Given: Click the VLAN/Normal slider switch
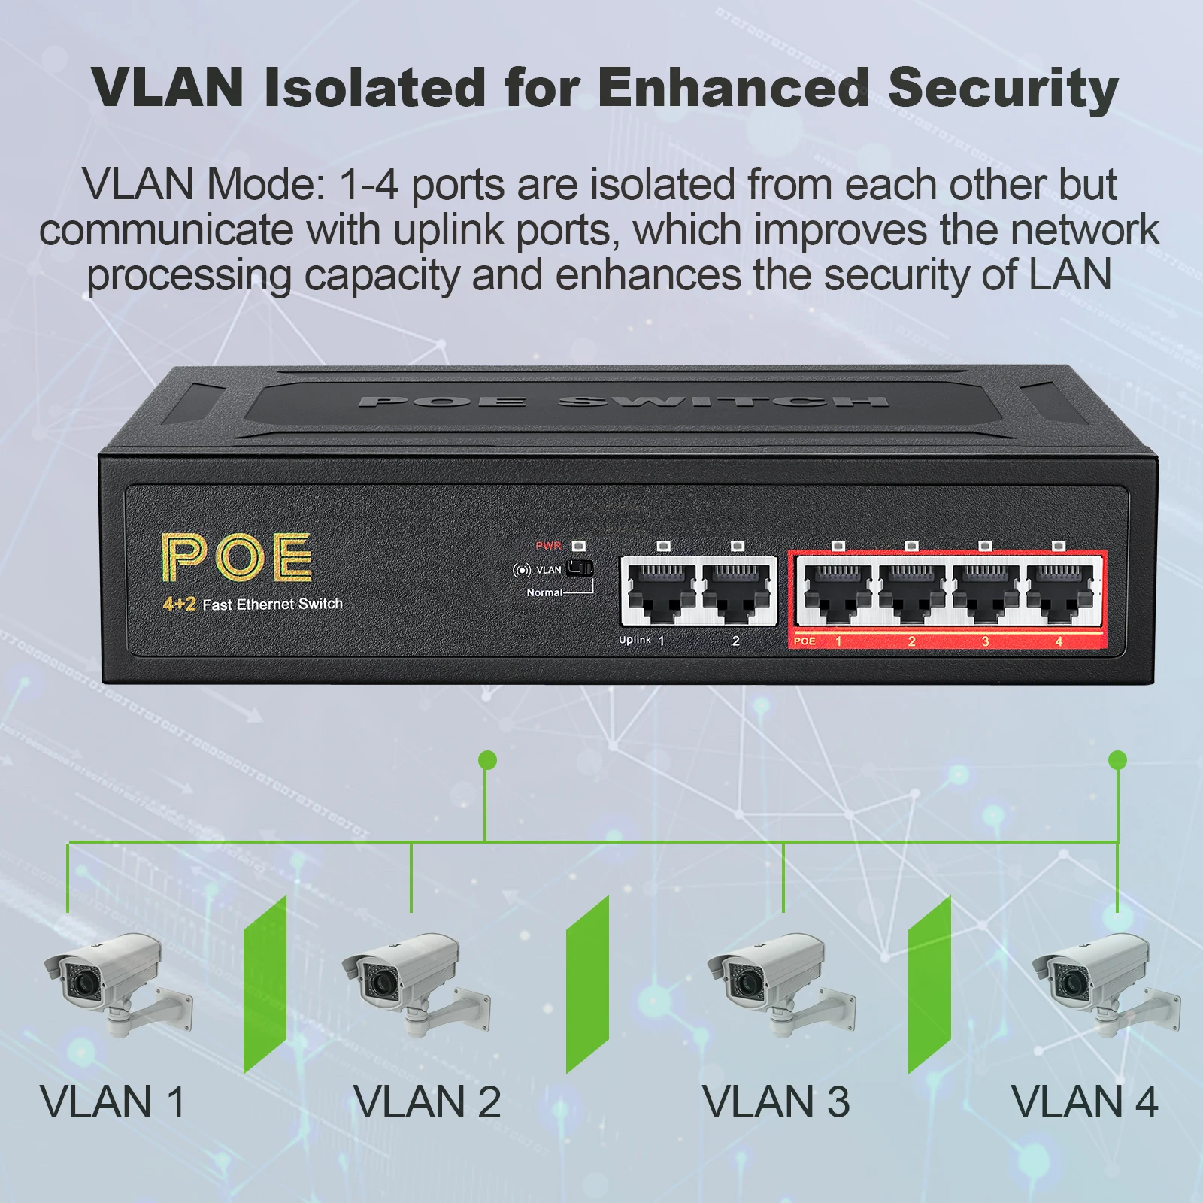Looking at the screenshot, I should [x=579, y=568].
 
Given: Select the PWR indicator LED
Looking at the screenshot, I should [x=578, y=545].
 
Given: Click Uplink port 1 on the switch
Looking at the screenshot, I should [x=661, y=592].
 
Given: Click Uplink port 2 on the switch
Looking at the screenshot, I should [x=736, y=592].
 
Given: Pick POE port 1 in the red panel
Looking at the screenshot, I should [x=838, y=592].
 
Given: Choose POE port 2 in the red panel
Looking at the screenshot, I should [x=911, y=592].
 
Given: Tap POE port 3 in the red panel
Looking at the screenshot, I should [x=985, y=592].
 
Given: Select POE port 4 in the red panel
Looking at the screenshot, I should [x=1059, y=592].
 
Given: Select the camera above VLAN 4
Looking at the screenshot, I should [x=1105, y=982].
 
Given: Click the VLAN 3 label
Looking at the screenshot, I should [x=776, y=1102].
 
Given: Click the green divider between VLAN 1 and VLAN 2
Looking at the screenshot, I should [x=265, y=983].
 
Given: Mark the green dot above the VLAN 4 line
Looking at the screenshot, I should [x=1118, y=760].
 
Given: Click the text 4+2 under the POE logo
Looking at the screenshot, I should [x=179, y=604].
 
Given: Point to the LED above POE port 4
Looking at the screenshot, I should [x=1059, y=546].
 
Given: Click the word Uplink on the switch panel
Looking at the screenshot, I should [x=635, y=640].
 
